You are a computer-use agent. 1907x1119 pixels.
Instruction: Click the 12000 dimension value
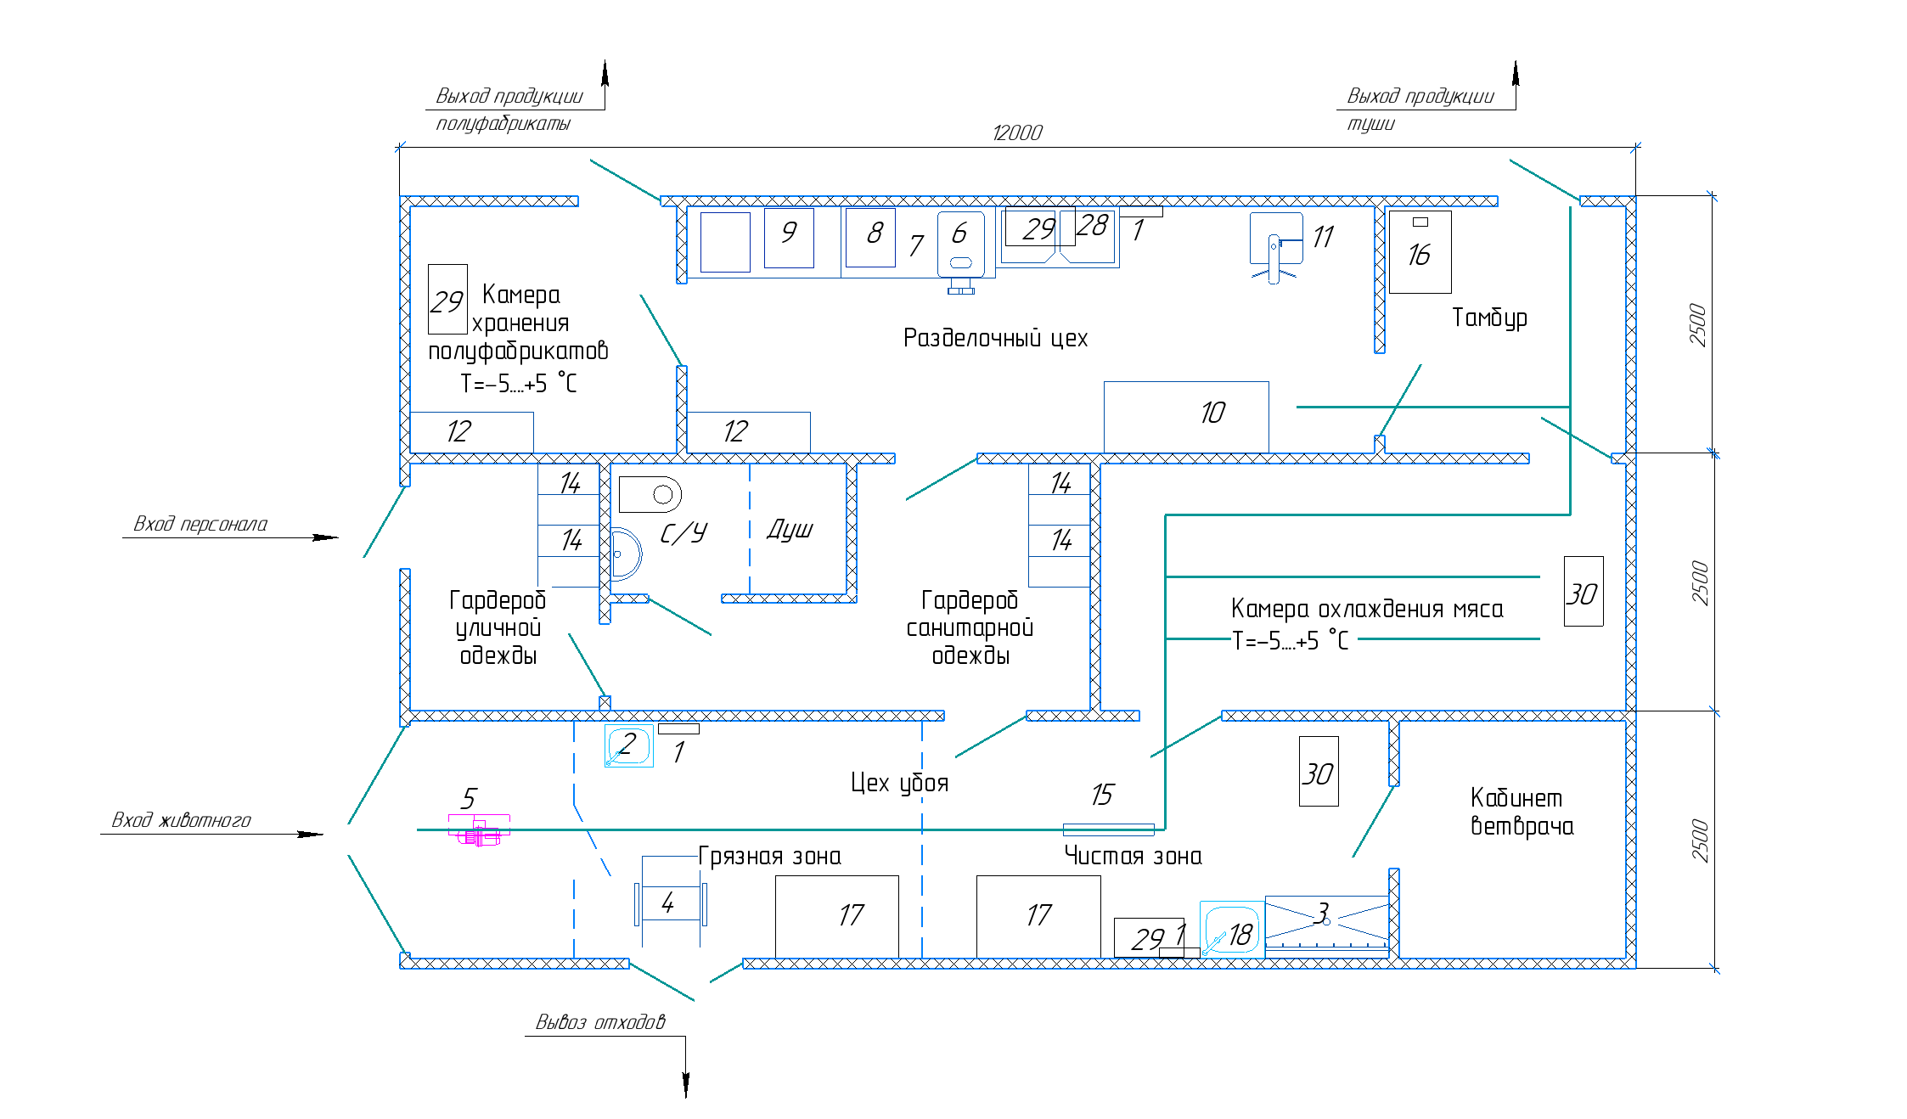coord(1016,133)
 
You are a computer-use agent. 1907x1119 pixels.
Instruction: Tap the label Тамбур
coord(1488,318)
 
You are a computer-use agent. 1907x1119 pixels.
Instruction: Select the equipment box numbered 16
coord(1420,252)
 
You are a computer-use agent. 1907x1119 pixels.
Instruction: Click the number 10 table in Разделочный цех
coord(1186,416)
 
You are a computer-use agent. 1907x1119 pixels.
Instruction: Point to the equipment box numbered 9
coord(789,238)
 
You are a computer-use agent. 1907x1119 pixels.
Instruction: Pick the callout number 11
coord(1323,237)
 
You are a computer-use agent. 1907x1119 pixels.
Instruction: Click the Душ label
coord(790,531)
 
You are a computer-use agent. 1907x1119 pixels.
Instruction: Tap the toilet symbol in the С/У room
coord(650,494)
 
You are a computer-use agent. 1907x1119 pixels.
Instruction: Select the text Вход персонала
coord(200,524)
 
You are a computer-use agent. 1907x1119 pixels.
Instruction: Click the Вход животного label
coord(182,820)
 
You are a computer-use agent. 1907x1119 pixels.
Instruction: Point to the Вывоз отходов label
coord(600,1021)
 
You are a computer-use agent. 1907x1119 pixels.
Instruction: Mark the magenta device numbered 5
coord(480,830)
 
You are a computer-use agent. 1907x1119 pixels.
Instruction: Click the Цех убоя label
coord(899,783)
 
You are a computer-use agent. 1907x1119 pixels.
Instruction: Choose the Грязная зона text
coord(769,857)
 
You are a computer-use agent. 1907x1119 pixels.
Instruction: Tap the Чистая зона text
coord(1133,857)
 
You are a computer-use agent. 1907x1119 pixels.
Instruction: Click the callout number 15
coord(1101,796)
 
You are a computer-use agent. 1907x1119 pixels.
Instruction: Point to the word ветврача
coord(1522,827)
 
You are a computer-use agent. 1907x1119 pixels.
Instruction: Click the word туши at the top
coord(1370,124)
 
